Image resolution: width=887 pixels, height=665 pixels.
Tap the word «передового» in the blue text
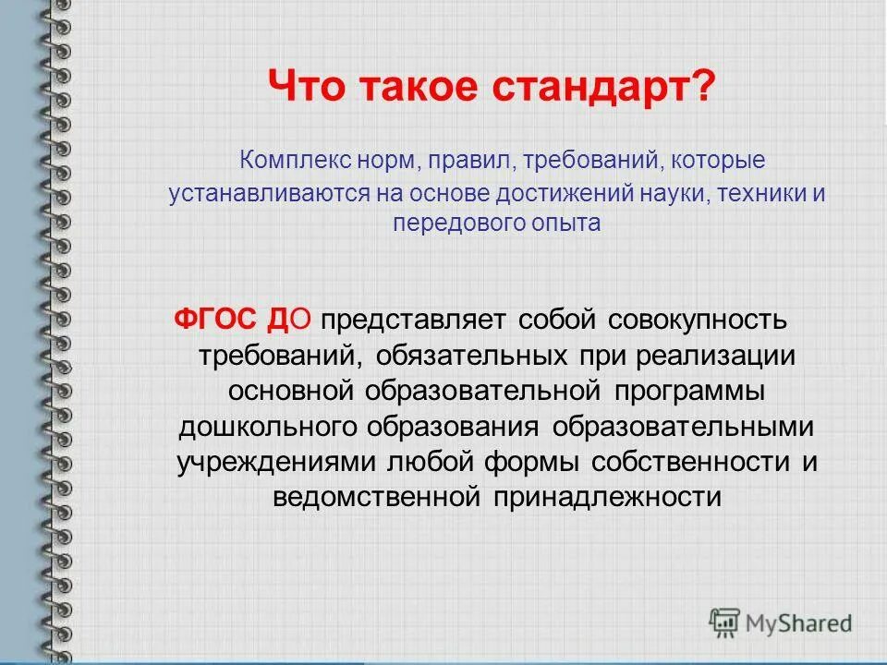(x=449, y=223)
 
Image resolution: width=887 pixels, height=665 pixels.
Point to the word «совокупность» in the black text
(x=698, y=320)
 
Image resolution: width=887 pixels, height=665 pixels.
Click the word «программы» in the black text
(x=687, y=390)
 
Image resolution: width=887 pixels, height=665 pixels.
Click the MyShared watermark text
(x=800, y=623)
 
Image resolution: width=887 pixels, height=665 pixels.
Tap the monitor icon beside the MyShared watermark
(x=725, y=623)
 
